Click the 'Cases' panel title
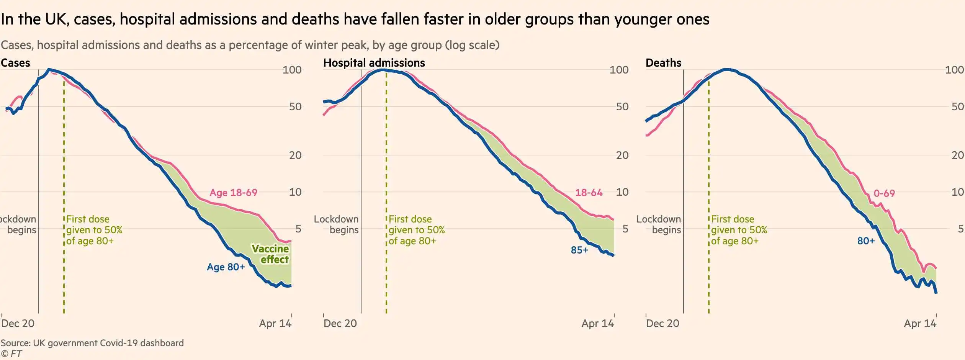click(15, 63)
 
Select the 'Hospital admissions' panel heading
click(374, 63)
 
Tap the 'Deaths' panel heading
click(663, 63)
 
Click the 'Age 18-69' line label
click(233, 193)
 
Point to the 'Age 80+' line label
click(226, 267)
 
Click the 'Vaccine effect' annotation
click(270, 254)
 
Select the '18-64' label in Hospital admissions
click(589, 193)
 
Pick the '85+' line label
click(579, 250)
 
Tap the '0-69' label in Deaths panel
click(884, 193)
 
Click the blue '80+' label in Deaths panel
click(866, 241)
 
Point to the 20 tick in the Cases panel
click(295, 155)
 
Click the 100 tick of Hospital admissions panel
click(619, 70)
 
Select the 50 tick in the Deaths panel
click(957, 106)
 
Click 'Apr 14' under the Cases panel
click(275, 324)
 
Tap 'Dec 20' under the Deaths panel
click(662, 324)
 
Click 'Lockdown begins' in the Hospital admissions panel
click(336, 224)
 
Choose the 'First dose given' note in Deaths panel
click(739, 230)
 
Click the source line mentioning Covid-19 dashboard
click(92, 343)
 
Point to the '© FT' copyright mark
click(11, 354)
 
